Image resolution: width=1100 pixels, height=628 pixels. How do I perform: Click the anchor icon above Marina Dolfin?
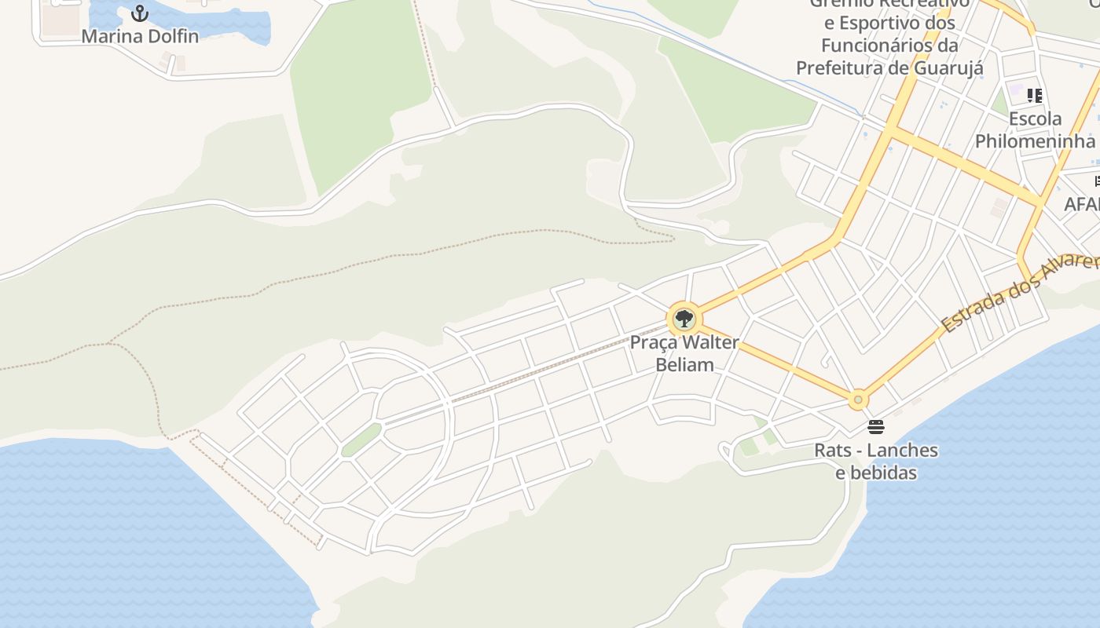point(139,13)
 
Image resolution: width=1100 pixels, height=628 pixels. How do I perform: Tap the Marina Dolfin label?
point(140,36)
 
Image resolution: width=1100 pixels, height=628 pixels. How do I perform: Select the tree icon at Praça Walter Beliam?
point(684,319)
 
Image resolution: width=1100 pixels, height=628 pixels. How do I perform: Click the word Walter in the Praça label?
point(710,343)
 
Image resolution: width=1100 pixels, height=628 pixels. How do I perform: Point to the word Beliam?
point(685,364)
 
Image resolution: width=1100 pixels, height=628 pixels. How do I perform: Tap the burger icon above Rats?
point(876,427)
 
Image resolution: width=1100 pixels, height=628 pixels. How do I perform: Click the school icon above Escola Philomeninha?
point(1035,96)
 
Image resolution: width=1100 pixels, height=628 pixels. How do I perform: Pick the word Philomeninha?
point(1035,141)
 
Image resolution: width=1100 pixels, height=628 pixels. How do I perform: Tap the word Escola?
point(1035,119)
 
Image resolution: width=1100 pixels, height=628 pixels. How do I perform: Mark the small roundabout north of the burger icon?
point(858,400)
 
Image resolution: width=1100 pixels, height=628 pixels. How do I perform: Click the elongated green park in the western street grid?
point(361,440)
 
